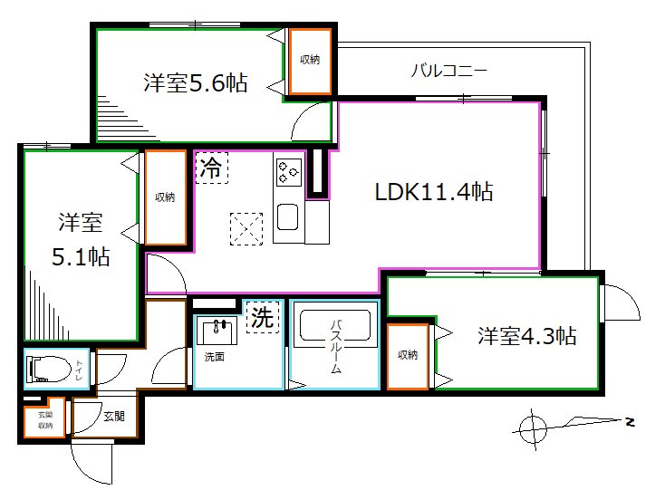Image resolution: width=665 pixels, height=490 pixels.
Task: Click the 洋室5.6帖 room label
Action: click(x=196, y=82)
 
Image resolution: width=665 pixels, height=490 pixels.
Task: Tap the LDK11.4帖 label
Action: click(x=434, y=192)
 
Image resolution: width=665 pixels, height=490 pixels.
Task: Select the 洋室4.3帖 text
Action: click(x=526, y=336)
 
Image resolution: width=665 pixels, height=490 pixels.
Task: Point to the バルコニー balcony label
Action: click(x=449, y=70)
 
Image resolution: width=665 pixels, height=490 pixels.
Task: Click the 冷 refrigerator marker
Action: click(x=212, y=168)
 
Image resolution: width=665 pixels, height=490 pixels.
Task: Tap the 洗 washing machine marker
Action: click(x=263, y=317)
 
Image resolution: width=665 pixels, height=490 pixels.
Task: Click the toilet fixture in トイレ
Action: click(x=49, y=369)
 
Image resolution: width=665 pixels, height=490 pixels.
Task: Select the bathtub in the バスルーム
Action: click(x=335, y=325)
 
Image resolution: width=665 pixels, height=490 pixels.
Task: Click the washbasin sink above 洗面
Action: click(x=217, y=331)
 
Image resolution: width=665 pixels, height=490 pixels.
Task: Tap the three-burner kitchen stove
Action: click(x=289, y=172)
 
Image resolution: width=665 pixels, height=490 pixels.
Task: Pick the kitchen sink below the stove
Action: click(x=287, y=217)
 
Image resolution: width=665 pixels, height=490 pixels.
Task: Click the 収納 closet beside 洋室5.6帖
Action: click(x=310, y=62)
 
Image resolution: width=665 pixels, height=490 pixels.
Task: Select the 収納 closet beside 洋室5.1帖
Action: click(x=166, y=197)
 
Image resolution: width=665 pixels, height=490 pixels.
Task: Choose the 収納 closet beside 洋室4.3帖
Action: click(x=408, y=356)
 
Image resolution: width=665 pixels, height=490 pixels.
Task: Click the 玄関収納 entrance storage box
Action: click(x=45, y=418)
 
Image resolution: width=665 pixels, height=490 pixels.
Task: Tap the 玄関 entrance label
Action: click(x=114, y=417)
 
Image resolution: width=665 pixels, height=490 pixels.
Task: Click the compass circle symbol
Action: click(x=533, y=429)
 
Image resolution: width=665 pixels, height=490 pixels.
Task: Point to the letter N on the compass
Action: click(x=631, y=422)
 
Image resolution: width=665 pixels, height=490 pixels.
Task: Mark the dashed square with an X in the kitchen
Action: click(x=246, y=229)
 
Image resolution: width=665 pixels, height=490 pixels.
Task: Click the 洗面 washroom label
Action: click(x=214, y=357)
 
